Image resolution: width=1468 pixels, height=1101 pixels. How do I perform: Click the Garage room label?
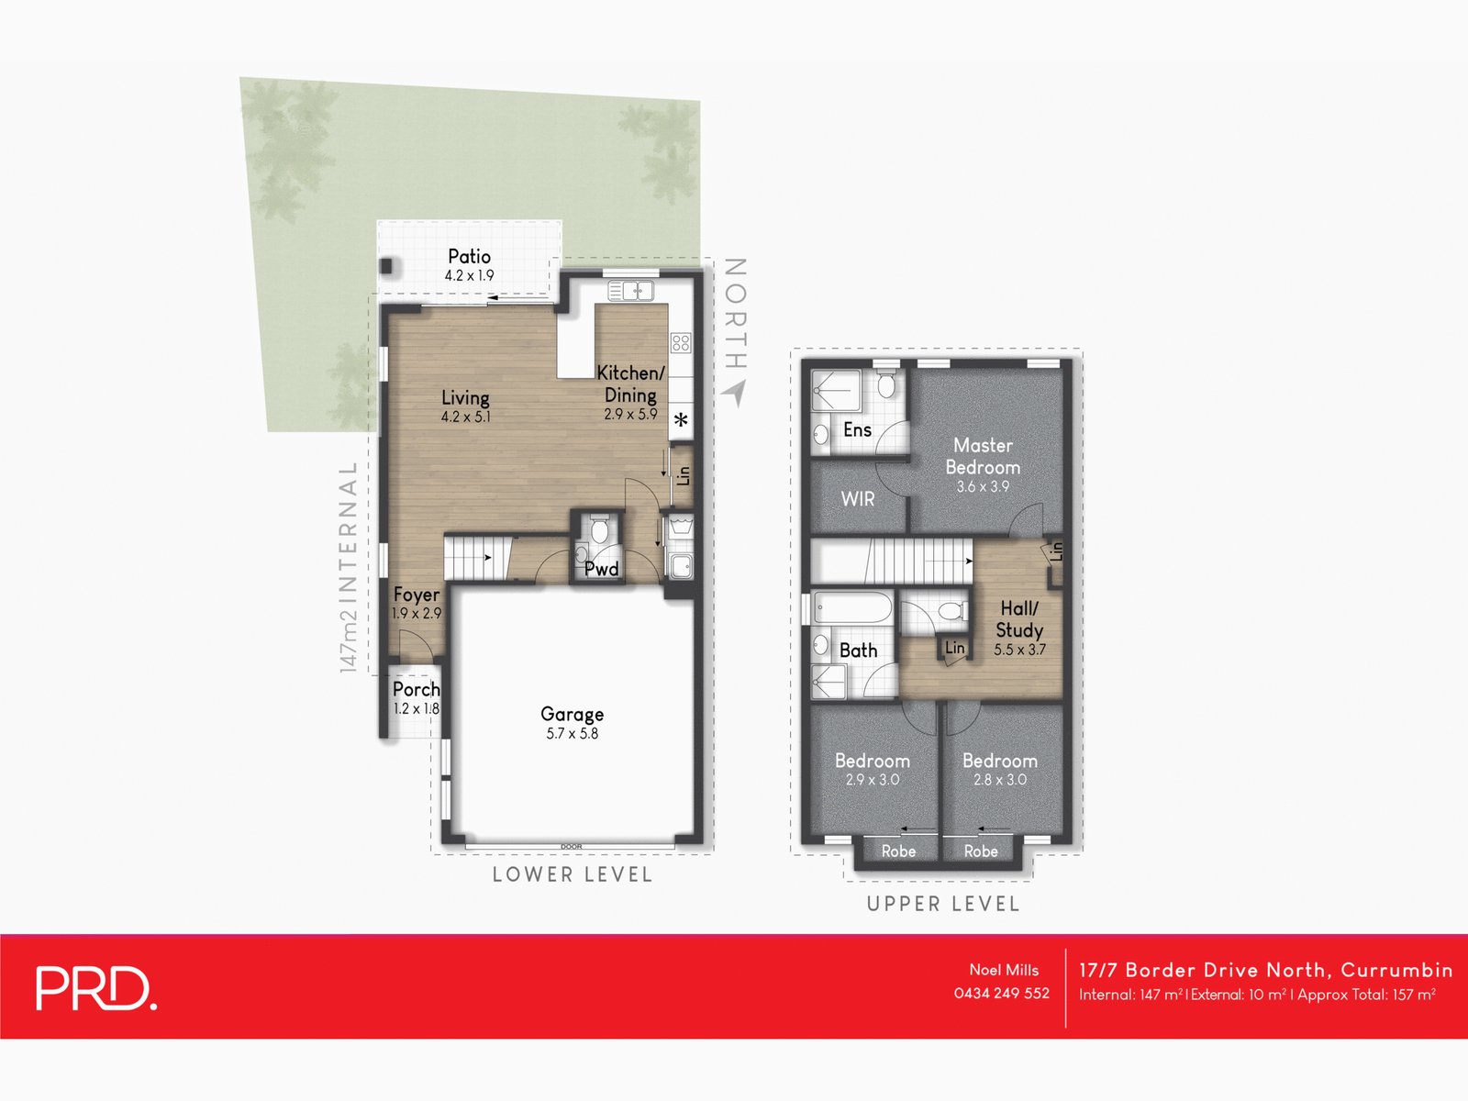(x=572, y=714)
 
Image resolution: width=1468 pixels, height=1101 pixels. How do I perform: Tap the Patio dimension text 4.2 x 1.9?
(x=469, y=275)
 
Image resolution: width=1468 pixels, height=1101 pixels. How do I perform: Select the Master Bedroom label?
(x=983, y=456)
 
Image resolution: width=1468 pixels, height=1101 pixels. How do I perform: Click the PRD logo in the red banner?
(x=95, y=988)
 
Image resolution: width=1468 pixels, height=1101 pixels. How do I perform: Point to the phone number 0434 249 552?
(x=1001, y=993)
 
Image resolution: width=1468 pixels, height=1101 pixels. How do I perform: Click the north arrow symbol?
(x=734, y=394)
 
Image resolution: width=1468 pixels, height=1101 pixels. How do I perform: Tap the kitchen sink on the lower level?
(x=630, y=291)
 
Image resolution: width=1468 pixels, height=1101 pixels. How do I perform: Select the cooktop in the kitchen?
(x=681, y=343)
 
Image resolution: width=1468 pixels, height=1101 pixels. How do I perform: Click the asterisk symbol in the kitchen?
(x=681, y=421)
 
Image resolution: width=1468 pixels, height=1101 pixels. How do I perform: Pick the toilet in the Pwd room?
(x=599, y=530)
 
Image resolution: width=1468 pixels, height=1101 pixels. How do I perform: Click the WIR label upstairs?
(x=857, y=499)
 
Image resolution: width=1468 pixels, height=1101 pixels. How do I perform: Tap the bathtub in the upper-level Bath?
(x=852, y=607)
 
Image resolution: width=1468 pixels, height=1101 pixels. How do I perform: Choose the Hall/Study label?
(x=1019, y=619)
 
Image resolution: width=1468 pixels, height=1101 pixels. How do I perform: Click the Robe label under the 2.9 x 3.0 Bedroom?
(x=898, y=851)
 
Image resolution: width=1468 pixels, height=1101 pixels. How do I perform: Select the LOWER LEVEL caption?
(x=572, y=874)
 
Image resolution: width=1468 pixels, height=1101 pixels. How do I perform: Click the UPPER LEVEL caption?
(x=942, y=904)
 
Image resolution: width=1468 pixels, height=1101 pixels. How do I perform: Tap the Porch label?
(x=416, y=689)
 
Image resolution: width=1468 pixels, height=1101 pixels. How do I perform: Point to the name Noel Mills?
(x=1004, y=970)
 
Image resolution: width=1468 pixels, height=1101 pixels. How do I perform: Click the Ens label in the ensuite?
(x=857, y=429)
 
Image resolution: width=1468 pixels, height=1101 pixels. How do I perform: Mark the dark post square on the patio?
(x=387, y=267)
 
